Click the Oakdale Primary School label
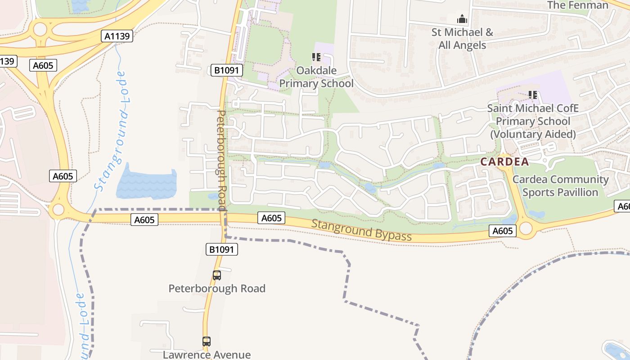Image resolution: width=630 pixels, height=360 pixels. coord(316,77)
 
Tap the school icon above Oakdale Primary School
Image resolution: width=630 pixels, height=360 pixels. coord(316,57)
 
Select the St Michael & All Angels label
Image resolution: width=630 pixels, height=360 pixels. coord(462,39)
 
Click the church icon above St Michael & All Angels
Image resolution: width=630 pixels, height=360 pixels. coord(462,19)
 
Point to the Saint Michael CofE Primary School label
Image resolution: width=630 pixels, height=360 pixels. coord(533,121)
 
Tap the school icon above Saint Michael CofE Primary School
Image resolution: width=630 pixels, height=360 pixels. coord(533,95)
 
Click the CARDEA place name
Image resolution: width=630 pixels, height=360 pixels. coord(504,162)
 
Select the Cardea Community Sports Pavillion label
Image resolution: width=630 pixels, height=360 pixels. coord(560,186)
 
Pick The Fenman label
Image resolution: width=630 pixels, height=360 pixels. coord(578,5)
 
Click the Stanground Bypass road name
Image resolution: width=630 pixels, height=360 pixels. coord(361,230)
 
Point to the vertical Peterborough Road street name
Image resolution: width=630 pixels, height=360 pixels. coord(222,160)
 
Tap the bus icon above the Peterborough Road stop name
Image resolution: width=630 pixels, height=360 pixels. coord(217,275)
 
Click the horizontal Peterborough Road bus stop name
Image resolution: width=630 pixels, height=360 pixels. coord(217,288)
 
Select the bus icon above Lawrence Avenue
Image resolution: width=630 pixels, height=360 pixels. coord(207,342)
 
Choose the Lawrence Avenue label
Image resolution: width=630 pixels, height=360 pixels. coord(207,355)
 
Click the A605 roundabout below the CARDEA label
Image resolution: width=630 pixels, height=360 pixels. coord(526,229)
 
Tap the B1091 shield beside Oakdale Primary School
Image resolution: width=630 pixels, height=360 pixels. coord(227,70)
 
